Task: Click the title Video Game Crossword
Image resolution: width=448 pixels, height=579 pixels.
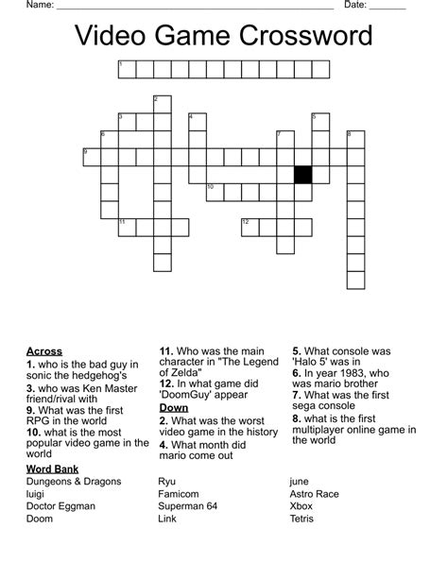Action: point(224,37)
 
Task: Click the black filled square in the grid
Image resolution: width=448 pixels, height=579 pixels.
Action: point(302,174)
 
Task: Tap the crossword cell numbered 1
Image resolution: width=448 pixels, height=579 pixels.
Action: point(126,68)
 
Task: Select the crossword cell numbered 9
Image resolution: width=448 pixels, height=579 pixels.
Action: point(91,156)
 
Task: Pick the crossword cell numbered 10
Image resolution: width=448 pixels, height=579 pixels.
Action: point(215,192)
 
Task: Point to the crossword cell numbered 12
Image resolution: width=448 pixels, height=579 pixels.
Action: point(250,227)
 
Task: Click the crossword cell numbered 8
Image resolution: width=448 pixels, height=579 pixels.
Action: point(355,139)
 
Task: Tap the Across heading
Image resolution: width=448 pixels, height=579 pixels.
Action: point(44,351)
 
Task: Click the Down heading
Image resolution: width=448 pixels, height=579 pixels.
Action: point(176,407)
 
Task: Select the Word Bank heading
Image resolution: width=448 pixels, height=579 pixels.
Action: point(53,468)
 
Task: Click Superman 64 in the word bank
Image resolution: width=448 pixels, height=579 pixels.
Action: point(188,506)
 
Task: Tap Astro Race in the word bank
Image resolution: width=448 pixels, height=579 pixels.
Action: point(318,494)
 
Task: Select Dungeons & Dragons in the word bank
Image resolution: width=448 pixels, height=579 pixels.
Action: point(75,482)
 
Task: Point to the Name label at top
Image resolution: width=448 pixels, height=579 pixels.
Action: point(39,6)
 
